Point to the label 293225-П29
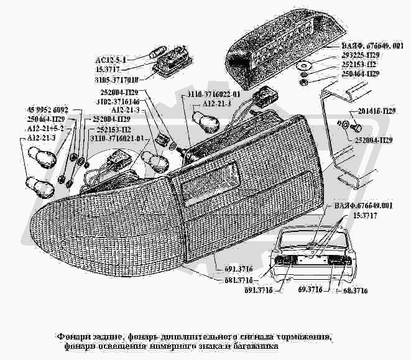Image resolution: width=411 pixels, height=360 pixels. (x=361, y=55)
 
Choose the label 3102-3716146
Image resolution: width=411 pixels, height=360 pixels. (x=118, y=101)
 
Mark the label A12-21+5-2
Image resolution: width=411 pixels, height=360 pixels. (x=45, y=127)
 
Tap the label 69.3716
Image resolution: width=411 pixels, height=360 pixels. (x=307, y=290)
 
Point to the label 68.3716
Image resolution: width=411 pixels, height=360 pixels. (x=355, y=290)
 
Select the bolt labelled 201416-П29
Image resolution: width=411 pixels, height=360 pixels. (x=356, y=127)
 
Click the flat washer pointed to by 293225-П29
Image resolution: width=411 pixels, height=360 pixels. (x=305, y=65)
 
